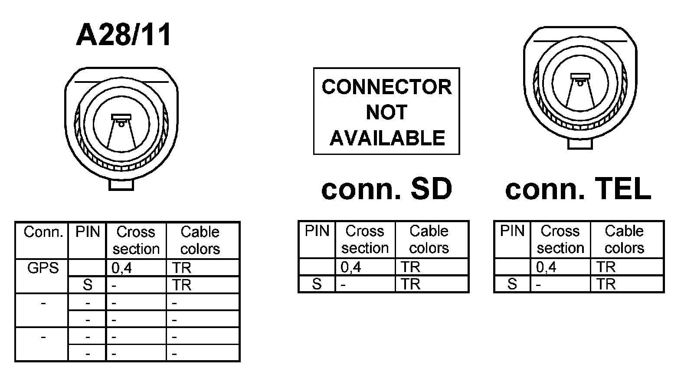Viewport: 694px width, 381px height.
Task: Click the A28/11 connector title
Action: click(124, 35)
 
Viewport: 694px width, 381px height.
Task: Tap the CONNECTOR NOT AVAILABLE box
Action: click(386, 111)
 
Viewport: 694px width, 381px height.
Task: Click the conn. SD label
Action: click(386, 189)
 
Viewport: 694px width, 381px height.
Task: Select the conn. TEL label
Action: click(578, 189)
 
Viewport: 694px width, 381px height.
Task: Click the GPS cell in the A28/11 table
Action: click(43, 268)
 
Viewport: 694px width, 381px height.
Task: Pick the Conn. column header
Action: click(43, 232)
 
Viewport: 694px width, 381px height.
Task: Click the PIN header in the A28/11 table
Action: click(87, 232)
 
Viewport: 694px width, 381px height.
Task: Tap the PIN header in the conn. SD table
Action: click(317, 231)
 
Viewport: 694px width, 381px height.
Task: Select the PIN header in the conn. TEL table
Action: click(512, 231)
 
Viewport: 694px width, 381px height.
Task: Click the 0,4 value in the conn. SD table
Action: click(350, 267)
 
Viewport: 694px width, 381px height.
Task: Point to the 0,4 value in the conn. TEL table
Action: click(546, 267)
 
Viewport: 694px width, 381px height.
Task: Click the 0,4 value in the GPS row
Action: click(121, 269)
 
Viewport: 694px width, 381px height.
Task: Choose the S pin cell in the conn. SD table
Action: click(317, 284)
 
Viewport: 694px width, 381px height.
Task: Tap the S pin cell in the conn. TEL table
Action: click(512, 284)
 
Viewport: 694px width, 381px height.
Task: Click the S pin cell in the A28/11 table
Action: click(87, 285)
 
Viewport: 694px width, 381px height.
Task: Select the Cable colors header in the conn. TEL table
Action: click(624, 240)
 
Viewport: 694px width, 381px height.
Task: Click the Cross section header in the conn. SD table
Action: click(365, 240)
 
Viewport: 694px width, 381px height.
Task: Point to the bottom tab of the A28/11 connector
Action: click(121, 184)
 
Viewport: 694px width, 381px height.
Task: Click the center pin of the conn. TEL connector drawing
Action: click(580, 79)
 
